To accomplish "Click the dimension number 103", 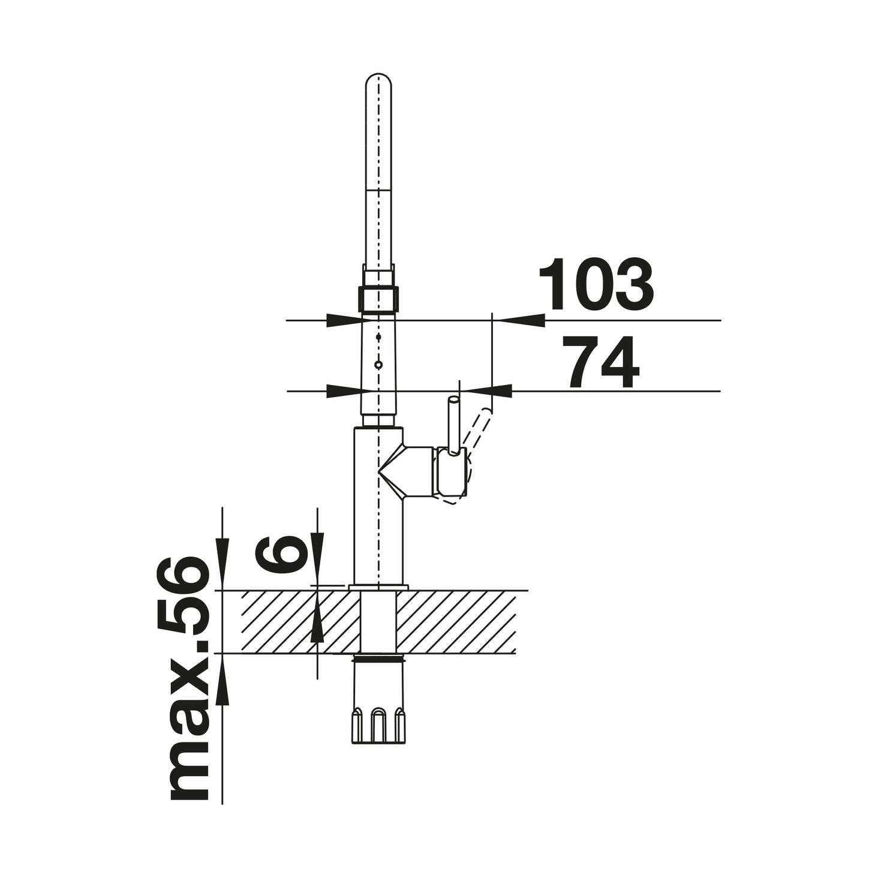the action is point(596,284).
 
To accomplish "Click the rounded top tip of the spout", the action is point(378,75).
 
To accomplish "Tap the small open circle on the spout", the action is point(378,364).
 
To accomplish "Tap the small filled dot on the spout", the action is point(378,337).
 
